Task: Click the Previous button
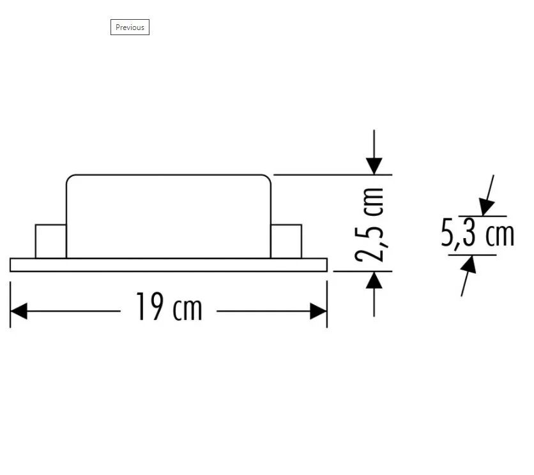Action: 130,27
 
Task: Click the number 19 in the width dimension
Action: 148,308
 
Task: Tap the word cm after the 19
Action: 187,310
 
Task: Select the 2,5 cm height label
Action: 370,225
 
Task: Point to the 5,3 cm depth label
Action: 477,234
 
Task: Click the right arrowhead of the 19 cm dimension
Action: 318,312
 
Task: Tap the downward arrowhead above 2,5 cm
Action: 374,165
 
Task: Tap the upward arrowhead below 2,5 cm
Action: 374,280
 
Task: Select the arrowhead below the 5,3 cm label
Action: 469,264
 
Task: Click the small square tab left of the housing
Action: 50,241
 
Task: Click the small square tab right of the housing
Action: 286,241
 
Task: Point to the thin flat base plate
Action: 169,265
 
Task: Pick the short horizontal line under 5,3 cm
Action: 473,255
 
